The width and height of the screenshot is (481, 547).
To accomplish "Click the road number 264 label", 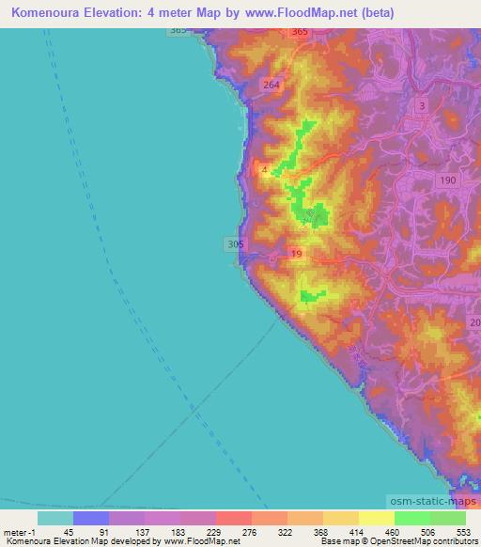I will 272,86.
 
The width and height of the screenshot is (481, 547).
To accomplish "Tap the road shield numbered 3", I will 423,106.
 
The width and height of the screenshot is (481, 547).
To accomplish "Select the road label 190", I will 447,180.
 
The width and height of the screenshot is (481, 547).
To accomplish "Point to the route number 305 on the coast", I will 235,244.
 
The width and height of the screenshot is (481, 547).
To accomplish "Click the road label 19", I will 297,255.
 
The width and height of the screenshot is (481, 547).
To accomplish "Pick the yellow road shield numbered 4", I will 266,169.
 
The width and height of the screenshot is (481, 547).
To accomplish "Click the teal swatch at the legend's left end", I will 54,518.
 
